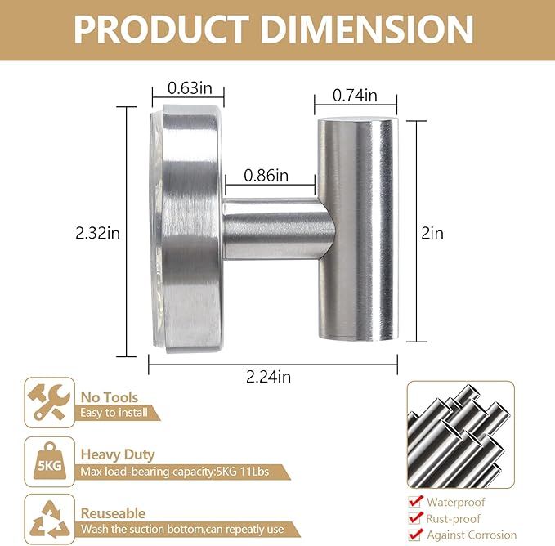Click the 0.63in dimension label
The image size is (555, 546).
click(x=190, y=87)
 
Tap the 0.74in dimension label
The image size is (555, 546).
click(x=355, y=96)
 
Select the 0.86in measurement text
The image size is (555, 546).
click(x=266, y=176)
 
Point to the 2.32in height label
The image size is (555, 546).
click(x=98, y=233)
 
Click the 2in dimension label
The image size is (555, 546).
click(x=432, y=233)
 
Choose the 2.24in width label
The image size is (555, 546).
click(x=269, y=377)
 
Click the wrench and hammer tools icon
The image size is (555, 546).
click(x=49, y=402)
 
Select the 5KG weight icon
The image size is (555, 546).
click(x=50, y=462)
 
